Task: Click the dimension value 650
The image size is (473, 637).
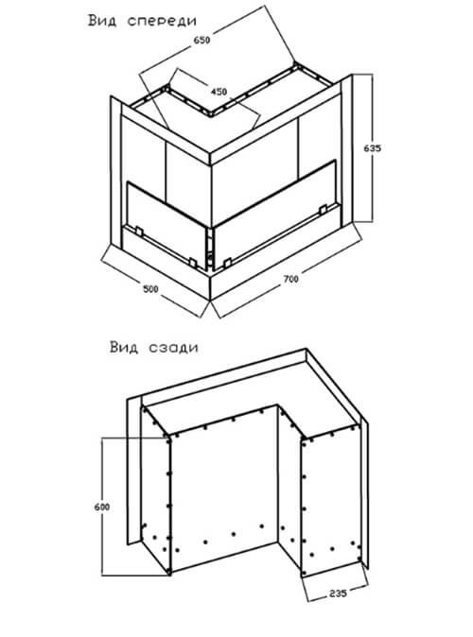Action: (201, 41)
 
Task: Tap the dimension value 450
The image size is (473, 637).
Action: (219, 92)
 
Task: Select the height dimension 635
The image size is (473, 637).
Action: (372, 148)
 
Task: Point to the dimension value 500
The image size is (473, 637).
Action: (150, 289)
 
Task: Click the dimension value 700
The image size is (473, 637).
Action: (290, 279)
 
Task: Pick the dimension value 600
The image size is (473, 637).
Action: (101, 507)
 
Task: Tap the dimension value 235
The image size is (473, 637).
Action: (338, 594)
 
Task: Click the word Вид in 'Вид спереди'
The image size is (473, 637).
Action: (102, 20)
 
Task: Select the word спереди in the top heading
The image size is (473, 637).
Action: (162, 21)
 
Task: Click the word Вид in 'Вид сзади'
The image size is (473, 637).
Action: (124, 348)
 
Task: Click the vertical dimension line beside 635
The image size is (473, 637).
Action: (372, 147)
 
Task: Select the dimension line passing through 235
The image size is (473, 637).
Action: (338, 594)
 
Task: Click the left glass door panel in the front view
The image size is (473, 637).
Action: (167, 225)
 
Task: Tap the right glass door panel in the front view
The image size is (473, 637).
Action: (275, 215)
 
